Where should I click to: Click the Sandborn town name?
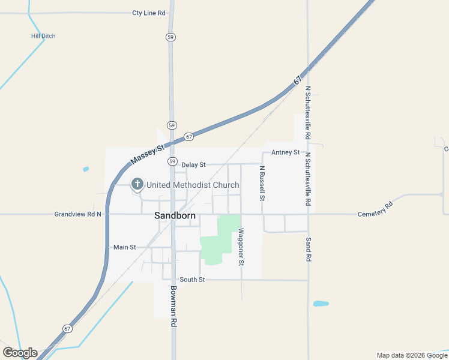173,215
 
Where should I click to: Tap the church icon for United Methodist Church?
137,184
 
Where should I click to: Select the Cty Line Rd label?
149,13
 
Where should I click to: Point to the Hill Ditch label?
43,36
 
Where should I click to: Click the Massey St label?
148,155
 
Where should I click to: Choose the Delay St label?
193,164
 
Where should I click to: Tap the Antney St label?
285,152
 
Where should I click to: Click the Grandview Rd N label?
77,214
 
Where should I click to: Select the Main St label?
125,247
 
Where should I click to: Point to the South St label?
193,280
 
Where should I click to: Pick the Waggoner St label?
241,247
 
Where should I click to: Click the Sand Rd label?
308,248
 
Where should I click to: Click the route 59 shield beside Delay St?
172,161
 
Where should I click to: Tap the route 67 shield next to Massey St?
189,137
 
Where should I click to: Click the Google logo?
20,353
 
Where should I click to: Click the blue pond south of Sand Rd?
321,304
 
